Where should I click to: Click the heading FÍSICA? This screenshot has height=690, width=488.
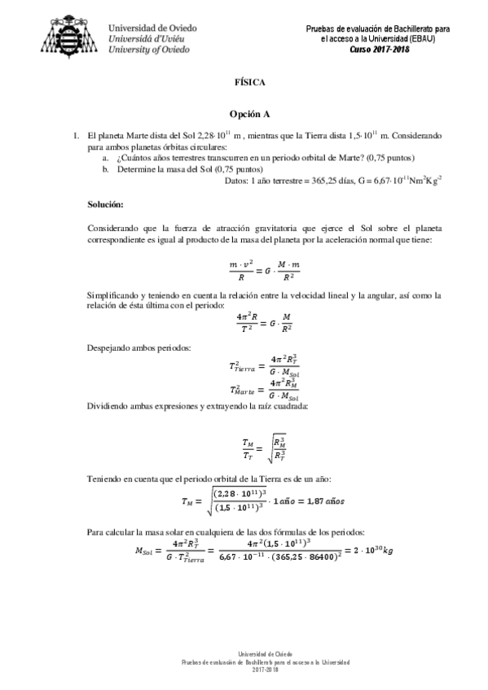[244, 82]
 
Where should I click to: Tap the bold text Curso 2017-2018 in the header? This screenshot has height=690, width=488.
[380, 49]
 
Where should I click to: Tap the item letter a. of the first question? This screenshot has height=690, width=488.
[105, 157]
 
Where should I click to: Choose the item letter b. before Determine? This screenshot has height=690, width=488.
[105, 168]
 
